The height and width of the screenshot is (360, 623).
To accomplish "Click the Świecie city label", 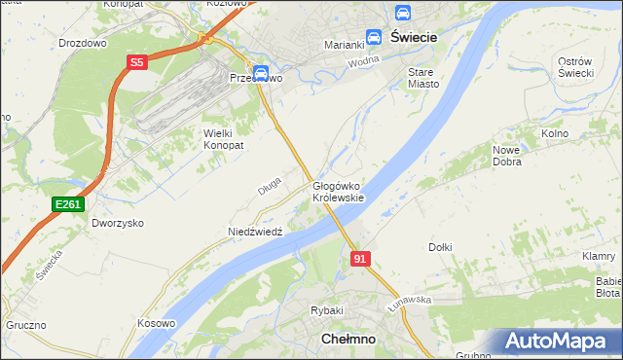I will (x=413, y=36).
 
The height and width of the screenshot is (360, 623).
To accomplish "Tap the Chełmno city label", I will (x=348, y=339).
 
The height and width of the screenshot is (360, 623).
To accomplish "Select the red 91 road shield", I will (x=360, y=258).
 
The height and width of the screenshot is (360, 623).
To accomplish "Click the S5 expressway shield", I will (x=136, y=62).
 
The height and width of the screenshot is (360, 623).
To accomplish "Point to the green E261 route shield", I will (x=68, y=203).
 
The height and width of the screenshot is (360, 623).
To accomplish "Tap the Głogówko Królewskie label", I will (x=338, y=191).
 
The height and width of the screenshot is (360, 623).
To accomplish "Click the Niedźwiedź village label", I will (x=254, y=232).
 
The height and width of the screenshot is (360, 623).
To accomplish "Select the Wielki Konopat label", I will (x=223, y=138).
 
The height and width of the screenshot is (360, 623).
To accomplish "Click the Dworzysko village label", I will (x=118, y=223).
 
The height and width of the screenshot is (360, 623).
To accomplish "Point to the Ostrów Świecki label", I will (x=575, y=68).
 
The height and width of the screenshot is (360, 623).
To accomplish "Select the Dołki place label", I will (x=440, y=247).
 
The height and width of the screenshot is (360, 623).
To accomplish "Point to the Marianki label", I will (x=343, y=45).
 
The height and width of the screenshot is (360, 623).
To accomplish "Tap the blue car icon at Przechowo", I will (x=261, y=72).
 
